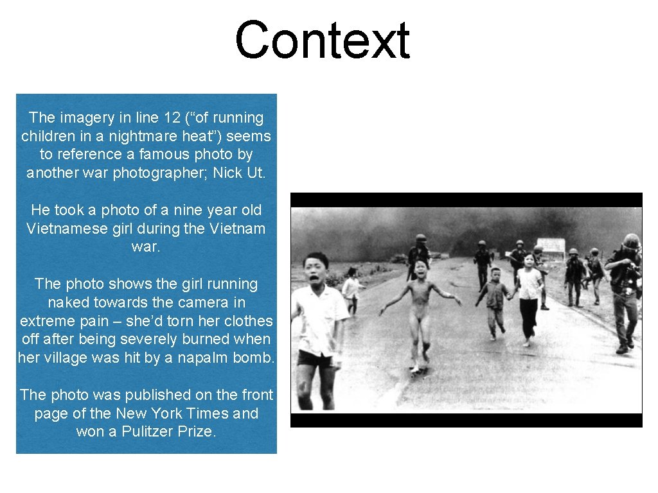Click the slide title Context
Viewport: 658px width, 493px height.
322,40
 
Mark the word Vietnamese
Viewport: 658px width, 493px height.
71,229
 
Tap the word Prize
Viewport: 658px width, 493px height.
197,431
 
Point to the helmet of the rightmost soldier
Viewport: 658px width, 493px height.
631,241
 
